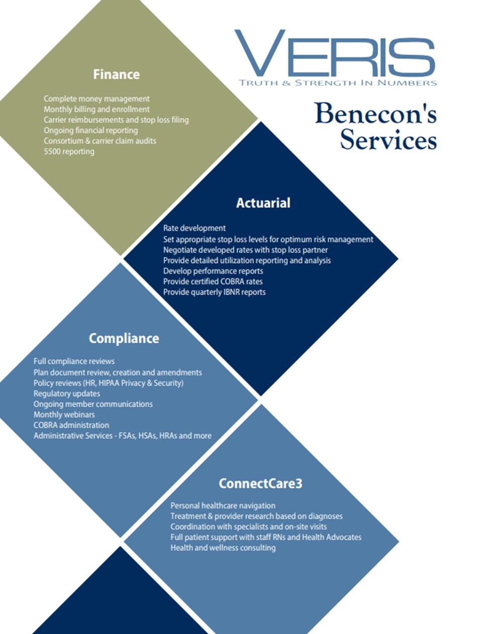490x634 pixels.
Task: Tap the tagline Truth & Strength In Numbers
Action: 338,83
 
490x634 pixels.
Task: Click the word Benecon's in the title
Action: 375,113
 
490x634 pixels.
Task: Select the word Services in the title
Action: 388,139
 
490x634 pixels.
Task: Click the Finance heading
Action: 116,74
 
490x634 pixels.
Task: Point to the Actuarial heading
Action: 263,203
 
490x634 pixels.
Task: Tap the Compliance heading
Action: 124,338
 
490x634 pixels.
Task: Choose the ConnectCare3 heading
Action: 260,483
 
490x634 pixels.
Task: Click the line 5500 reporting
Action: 69,151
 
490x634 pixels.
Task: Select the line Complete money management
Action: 96,99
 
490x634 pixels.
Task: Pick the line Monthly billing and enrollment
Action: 96,109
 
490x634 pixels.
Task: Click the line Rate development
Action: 194,228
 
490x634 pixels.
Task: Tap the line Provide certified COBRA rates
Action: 213,281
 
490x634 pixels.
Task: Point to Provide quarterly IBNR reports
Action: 214,292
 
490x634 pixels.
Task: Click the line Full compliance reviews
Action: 74,361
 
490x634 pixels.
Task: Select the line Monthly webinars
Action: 64,414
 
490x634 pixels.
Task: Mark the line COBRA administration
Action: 71,425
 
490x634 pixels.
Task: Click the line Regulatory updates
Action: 67,393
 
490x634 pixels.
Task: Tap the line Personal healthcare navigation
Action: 223,505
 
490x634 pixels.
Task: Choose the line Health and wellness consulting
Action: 223,548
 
